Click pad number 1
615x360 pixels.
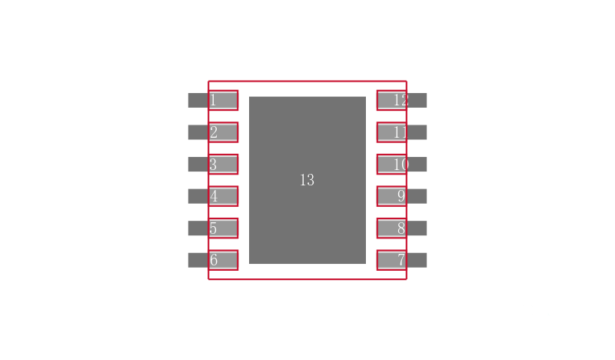pos(213,100)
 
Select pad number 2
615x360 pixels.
pos(213,132)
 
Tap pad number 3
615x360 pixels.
pos(213,164)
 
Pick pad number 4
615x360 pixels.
pos(213,196)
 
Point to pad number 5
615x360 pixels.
pos(213,228)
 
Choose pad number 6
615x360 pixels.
pos(213,260)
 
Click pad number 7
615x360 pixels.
pos(401,260)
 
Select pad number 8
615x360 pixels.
pos(401,228)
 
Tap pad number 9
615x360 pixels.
pos(401,196)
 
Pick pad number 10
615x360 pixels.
pos(401,164)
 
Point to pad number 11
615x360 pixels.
pos(401,132)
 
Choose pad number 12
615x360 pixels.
pos(401,100)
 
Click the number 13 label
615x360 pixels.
pos(307,180)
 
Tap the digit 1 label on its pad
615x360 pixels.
pos(213,100)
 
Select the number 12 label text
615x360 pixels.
pos(401,100)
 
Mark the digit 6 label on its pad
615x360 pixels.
pos(214,260)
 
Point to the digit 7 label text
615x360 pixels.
pos(401,260)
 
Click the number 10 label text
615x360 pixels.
pos(401,164)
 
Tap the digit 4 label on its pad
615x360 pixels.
pos(214,196)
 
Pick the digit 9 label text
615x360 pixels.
pos(401,196)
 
